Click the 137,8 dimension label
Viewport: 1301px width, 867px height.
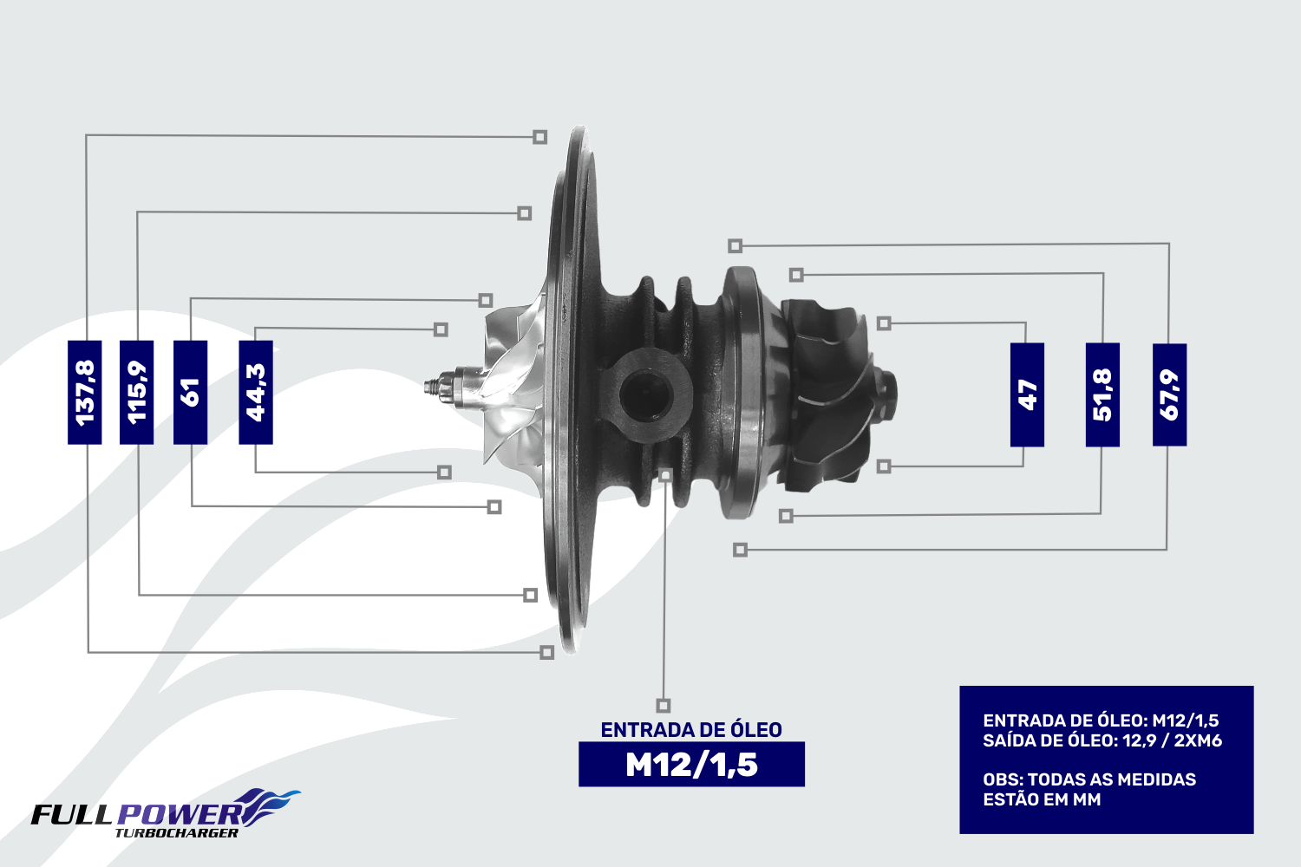click(x=85, y=393)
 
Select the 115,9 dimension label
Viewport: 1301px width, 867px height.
click(x=136, y=393)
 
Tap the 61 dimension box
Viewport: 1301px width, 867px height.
click(x=191, y=393)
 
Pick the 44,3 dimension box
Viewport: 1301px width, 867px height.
click(x=256, y=393)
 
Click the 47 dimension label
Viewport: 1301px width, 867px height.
click(x=1027, y=394)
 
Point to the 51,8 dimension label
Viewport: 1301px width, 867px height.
click(x=1102, y=394)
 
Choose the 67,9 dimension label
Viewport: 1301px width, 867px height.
click(x=1170, y=394)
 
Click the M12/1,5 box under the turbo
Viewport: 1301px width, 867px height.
click(x=691, y=764)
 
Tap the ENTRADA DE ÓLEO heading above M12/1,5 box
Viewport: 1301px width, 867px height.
click(x=691, y=730)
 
